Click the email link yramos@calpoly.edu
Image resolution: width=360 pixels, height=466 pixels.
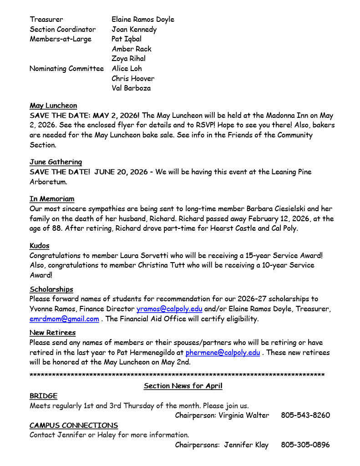click(169, 309)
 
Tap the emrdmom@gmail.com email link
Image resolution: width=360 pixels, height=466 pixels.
click(64, 319)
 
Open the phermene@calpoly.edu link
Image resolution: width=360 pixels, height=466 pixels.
click(223, 353)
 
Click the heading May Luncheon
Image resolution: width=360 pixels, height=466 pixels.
click(53, 106)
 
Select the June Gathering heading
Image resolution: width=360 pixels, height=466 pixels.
click(56, 162)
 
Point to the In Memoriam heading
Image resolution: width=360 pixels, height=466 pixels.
click(52, 199)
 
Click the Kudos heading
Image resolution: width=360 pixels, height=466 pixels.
click(40, 246)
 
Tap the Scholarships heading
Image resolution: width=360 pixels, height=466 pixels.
click(51, 289)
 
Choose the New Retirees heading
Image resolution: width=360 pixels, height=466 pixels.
click(52, 333)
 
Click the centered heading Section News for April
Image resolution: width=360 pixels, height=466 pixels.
click(183, 386)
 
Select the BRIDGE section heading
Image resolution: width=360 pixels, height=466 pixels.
click(44, 396)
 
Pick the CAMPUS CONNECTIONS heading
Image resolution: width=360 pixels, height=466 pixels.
click(74, 425)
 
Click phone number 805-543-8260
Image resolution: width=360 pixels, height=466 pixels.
click(305, 415)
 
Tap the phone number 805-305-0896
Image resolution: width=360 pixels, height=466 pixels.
click(305, 445)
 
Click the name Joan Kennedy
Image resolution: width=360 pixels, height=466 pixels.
click(134, 30)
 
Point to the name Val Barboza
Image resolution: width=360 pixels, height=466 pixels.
click(131, 88)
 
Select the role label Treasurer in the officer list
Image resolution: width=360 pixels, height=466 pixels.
click(46, 20)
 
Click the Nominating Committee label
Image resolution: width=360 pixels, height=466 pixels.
click(66, 69)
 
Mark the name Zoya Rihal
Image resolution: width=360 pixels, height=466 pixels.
click(129, 59)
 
